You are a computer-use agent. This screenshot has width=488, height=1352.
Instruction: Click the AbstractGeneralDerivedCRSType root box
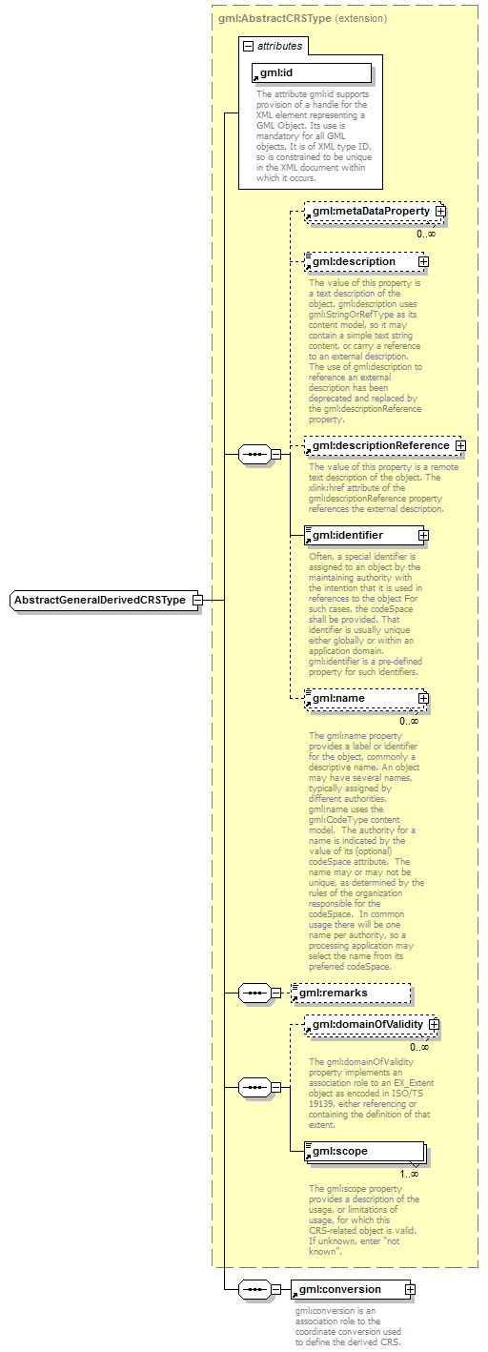100,600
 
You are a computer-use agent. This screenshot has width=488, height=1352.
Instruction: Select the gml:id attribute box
312,73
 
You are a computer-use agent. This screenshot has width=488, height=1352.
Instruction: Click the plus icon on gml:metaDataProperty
440,211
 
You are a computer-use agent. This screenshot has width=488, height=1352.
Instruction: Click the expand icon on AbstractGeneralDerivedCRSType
196,600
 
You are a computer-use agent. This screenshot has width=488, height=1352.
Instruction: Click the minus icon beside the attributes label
249,45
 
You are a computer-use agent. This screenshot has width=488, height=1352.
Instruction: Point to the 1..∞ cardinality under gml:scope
407,1174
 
